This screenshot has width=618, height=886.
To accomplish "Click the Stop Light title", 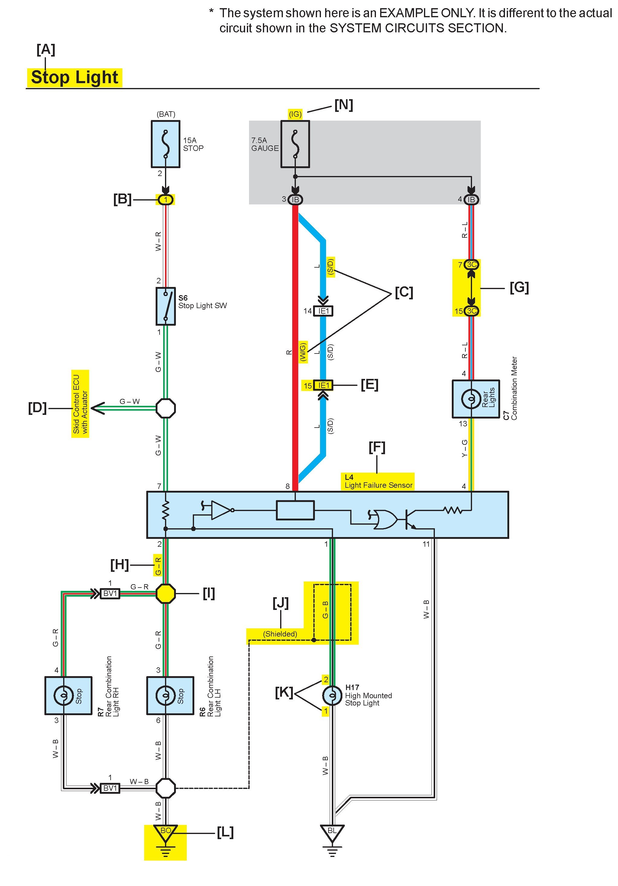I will tap(74, 77).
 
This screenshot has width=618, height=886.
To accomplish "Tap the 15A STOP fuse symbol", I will tap(166, 144).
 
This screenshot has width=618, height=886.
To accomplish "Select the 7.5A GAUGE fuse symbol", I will tap(295, 144).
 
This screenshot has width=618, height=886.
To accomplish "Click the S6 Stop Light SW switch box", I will tap(166, 306).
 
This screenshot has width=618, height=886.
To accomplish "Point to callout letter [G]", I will tap(519, 288).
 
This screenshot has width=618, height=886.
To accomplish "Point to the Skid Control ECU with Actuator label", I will tap(80, 404).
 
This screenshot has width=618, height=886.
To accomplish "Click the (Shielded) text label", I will tap(280, 634).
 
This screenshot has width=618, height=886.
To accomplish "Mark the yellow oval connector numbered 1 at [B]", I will tap(166, 200).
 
